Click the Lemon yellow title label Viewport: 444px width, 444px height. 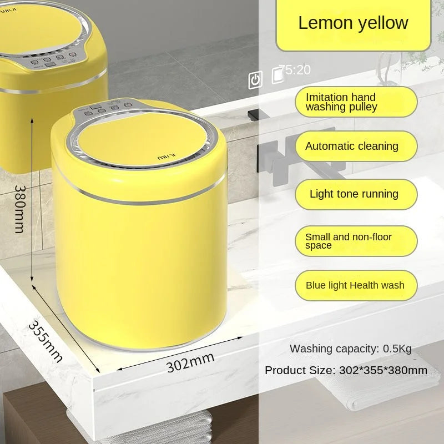tap(354, 23)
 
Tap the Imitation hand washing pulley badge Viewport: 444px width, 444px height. tap(356, 102)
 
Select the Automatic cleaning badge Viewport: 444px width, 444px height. tap(356, 146)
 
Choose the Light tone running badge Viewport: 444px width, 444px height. tap(356, 194)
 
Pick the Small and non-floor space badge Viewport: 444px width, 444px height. tap(356, 241)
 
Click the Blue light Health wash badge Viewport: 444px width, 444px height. tap(356, 285)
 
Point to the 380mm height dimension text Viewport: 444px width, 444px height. tap(20, 209)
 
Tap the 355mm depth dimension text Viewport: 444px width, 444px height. tap(46, 341)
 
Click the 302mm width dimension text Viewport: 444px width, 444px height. tap(190, 362)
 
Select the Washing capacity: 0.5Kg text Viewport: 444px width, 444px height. tap(351, 349)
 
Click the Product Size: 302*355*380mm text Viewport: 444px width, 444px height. tap(346, 370)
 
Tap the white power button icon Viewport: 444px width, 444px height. tap(255, 79)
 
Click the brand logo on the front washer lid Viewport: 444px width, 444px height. tap(166, 157)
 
